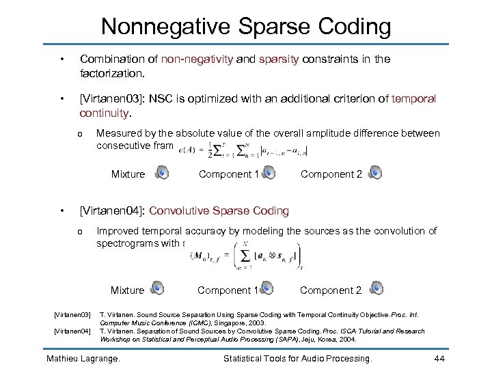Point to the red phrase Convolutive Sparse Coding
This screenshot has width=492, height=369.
pyautogui.click(x=219, y=211)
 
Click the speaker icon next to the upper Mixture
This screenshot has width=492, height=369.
pyautogui.click(x=162, y=174)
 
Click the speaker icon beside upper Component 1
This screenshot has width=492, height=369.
pyautogui.click(x=269, y=174)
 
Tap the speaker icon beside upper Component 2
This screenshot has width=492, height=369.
pyautogui.click(x=374, y=174)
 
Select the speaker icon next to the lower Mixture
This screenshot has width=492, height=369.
pyautogui.click(x=157, y=290)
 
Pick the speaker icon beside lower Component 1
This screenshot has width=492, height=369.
pyautogui.click(x=266, y=290)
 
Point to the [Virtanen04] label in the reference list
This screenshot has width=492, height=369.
pyautogui.click(x=72, y=331)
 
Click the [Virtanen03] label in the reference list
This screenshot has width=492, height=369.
pyautogui.click(x=72, y=314)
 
